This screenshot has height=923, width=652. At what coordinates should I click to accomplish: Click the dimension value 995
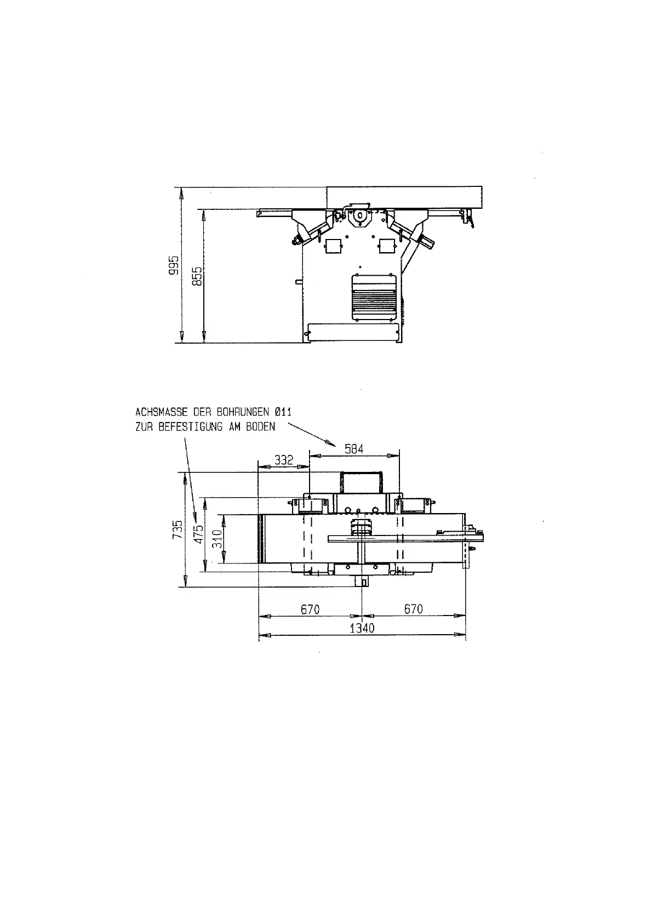[174, 265]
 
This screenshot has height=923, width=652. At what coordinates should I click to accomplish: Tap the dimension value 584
[354, 449]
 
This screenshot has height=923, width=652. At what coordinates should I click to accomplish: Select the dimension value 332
[283, 460]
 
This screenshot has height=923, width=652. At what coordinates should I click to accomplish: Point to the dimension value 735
[178, 529]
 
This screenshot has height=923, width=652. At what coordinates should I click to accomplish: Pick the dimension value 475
[199, 534]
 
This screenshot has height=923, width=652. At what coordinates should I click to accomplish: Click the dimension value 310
[217, 539]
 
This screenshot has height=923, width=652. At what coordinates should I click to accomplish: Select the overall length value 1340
[362, 628]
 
